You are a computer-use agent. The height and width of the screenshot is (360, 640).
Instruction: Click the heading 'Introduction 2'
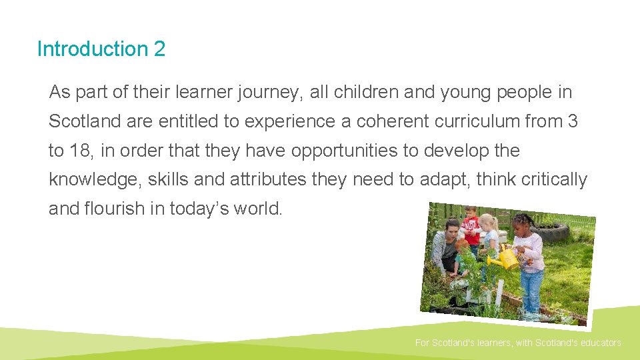[101, 49]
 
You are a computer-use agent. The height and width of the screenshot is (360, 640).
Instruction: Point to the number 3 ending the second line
[573, 121]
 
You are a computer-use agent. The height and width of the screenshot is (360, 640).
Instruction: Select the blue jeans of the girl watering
[531, 289]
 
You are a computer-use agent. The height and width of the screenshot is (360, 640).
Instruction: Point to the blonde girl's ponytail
[496, 223]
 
